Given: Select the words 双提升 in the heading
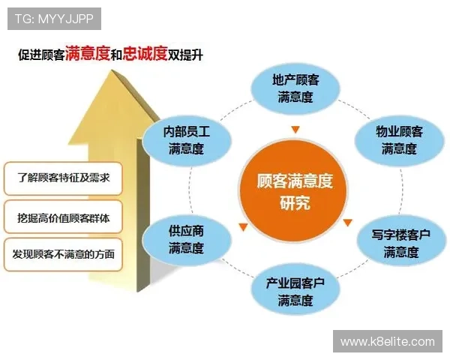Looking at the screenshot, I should (x=187, y=55).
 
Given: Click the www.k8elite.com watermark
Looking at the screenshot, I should (x=387, y=341).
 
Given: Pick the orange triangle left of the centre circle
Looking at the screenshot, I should (x=242, y=227).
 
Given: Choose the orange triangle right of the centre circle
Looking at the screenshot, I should (x=347, y=223).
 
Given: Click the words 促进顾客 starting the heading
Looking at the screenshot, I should (x=41, y=55).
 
